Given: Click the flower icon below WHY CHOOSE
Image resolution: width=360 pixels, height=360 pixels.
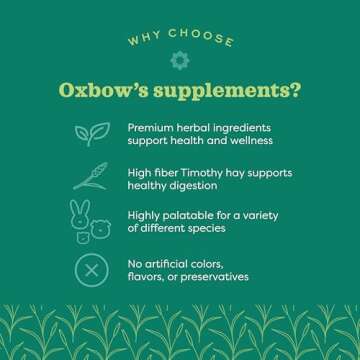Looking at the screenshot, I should [x=180, y=60].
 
